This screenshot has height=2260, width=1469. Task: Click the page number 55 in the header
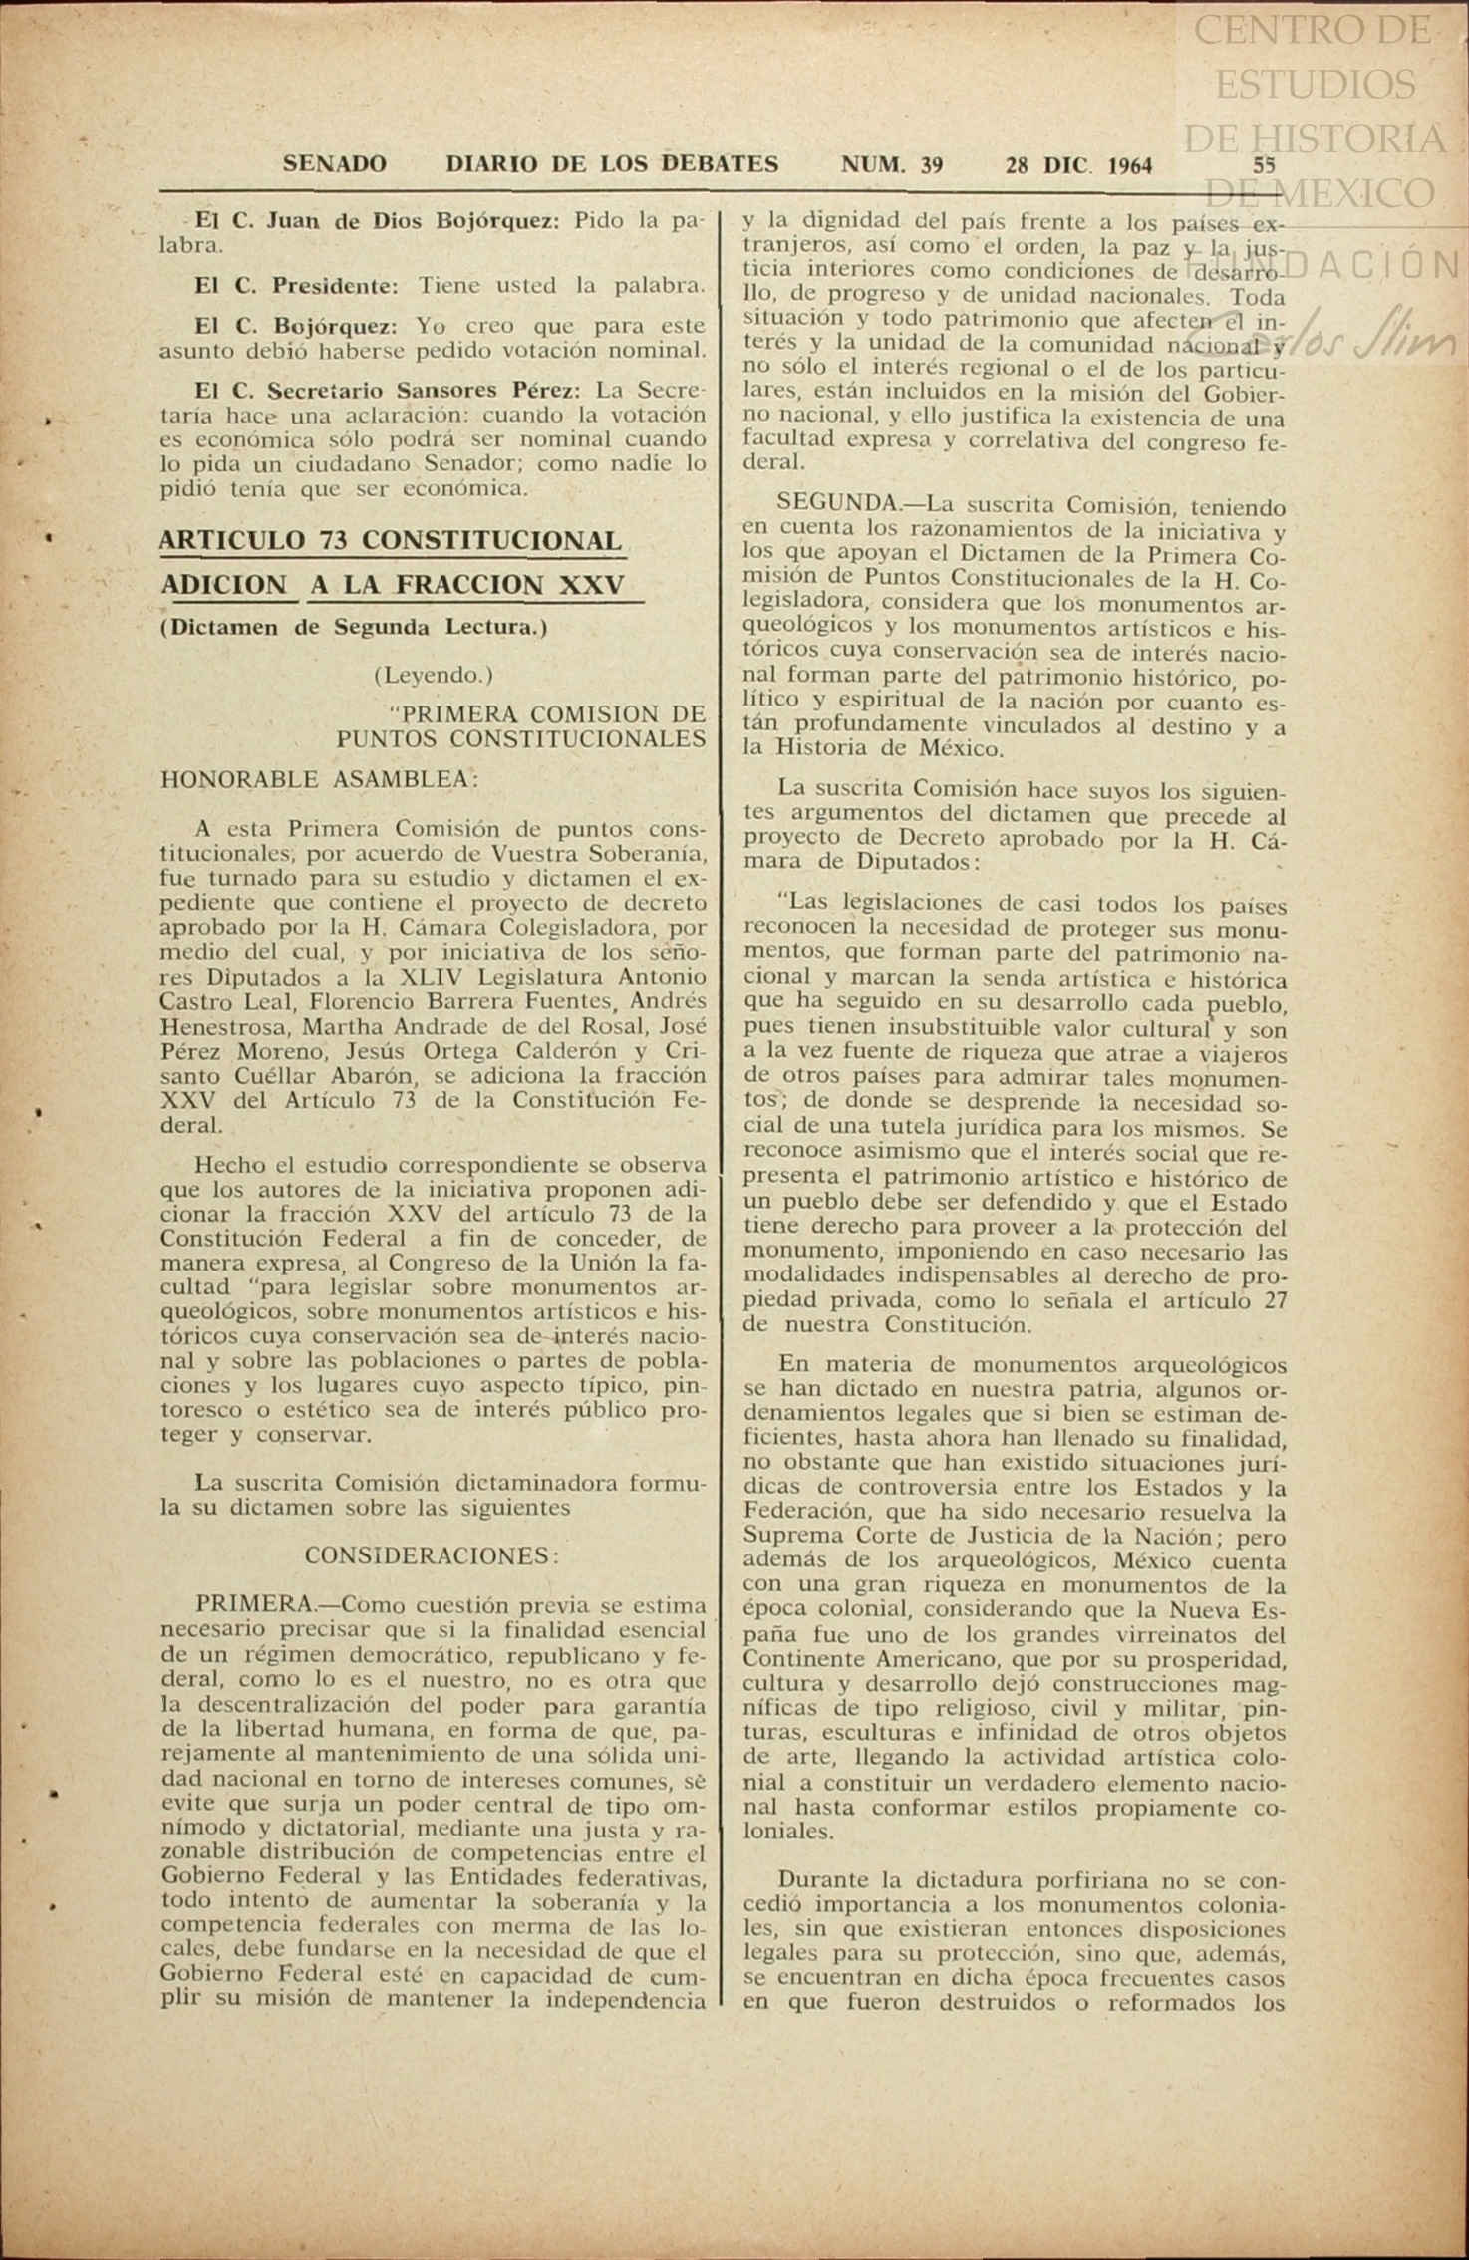tap(1264, 165)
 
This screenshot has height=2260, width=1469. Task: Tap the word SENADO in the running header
tap(335, 164)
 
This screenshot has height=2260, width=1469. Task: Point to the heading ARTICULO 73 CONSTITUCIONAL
tap(391, 540)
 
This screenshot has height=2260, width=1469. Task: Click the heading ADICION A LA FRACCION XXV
tap(393, 585)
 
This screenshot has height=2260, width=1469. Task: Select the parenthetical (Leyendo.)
tap(434, 675)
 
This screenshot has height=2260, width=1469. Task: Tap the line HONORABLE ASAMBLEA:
tap(319, 779)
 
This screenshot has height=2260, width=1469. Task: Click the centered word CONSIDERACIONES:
tap(427, 1555)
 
